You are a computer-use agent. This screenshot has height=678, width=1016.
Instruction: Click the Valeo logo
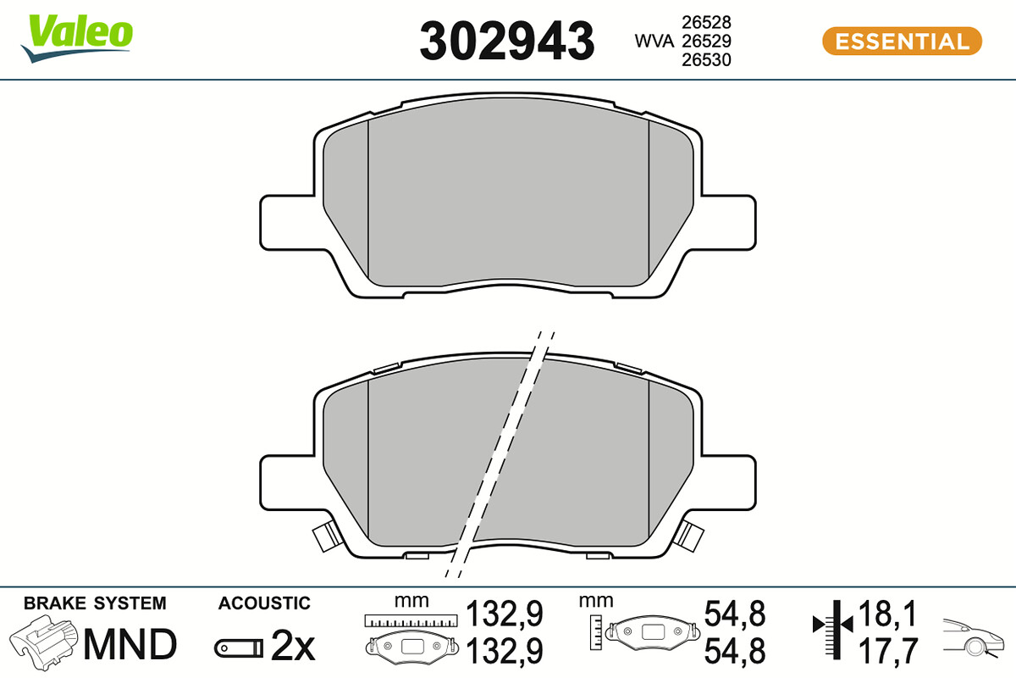pos(77,38)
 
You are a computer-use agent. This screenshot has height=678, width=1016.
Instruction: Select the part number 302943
pos(506,41)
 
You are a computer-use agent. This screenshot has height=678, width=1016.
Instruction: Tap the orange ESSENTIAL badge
pos(903,42)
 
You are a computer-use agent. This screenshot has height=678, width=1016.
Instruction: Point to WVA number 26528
pos(706,22)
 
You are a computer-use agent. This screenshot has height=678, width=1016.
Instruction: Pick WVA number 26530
pos(706,60)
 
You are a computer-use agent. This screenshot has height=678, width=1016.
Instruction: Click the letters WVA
pos(654,42)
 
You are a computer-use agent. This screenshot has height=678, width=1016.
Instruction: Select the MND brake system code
pos(130,644)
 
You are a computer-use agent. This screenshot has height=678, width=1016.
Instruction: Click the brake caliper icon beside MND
pos(43,642)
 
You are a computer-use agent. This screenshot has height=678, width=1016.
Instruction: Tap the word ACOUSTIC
pos(264,603)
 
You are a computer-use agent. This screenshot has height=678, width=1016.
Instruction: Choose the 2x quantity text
pos(293,646)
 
